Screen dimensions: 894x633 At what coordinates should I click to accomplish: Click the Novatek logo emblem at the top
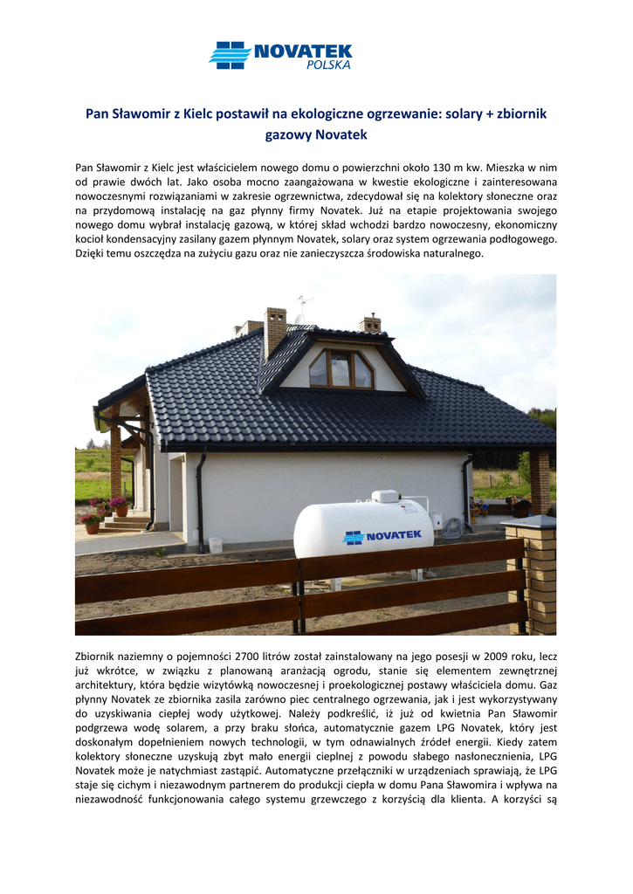click(x=230, y=55)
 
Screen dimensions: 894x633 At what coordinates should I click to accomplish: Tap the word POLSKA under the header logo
click(x=328, y=65)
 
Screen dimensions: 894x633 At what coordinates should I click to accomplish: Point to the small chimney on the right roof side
click(x=370, y=323)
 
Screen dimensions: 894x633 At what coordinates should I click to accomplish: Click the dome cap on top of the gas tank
click(x=384, y=496)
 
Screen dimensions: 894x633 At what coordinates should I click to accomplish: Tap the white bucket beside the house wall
click(x=215, y=545)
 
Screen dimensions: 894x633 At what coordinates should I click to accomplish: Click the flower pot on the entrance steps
click(x=91, y=526)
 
